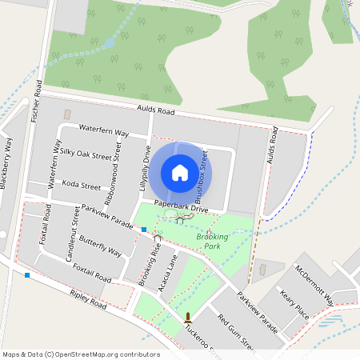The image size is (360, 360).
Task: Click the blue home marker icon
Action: click(180, 172)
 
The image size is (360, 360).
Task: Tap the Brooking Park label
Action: click(212, 241)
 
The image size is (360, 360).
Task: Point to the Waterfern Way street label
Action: click(104, 132)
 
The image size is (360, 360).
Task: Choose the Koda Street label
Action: click(82, 186)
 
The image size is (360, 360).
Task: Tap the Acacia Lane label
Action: click(169, 272)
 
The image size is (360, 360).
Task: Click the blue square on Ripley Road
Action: click(27, 275)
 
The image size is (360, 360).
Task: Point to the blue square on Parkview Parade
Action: click(144, 230)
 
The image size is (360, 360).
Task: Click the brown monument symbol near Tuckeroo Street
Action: click(188, 317)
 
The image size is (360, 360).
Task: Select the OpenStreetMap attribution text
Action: click(81, 354)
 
